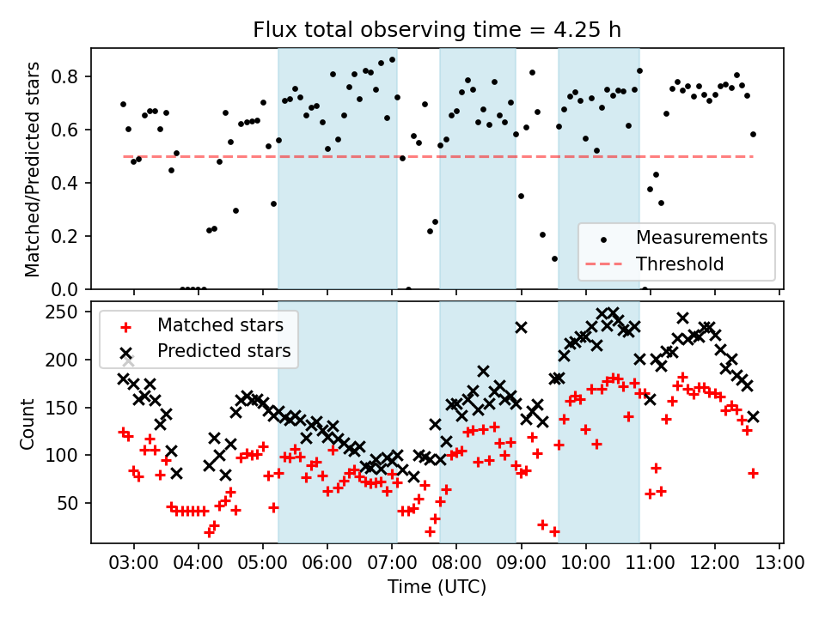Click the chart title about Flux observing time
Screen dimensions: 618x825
tap(437, 30)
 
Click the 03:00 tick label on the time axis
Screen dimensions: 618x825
tap(133, 563)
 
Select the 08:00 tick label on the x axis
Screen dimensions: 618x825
tap(456, 563)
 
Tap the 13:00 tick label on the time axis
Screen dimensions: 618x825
tap(779, 563)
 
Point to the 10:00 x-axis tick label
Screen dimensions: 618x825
tap(586, 563)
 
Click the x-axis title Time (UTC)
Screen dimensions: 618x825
tap(437, 587)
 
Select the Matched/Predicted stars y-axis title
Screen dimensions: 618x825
tap(34, 169)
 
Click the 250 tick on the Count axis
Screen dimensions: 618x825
tap(68, 312)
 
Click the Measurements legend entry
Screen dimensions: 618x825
tap(701, 237)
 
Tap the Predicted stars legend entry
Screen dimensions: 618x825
tap(223, 351)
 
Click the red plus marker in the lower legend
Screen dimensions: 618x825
tap(125, 326)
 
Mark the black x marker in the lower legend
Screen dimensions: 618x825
tap(125, 352)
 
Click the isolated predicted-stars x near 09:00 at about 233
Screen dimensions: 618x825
tap(522, 327)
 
